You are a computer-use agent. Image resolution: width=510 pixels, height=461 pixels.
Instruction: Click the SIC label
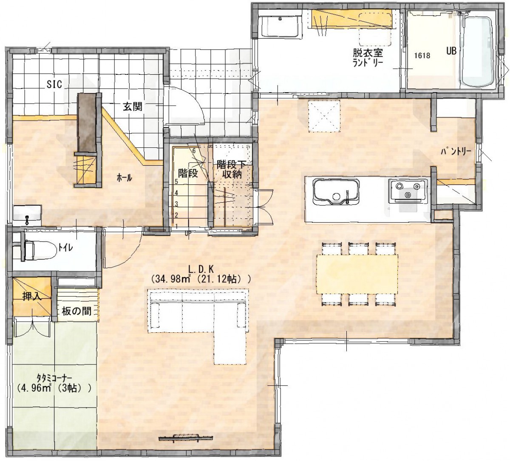[54, 84]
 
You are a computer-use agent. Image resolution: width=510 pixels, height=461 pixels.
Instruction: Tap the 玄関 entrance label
[133, 107]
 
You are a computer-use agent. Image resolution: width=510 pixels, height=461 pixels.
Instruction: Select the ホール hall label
[125, 178]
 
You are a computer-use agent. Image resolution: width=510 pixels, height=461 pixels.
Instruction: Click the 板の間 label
[76, 311]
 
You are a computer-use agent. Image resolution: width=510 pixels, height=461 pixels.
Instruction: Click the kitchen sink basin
[337, 192]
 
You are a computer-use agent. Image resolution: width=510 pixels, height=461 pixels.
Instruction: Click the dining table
[357, 274]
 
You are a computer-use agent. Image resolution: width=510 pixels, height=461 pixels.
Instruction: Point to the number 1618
[422, 55]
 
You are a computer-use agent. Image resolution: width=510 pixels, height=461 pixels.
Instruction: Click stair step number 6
[194, 151]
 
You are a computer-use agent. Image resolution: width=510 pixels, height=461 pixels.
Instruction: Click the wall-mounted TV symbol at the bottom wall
[185, 438]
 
